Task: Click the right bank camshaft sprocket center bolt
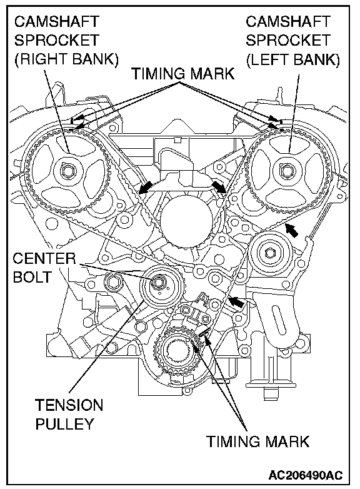point(67,171)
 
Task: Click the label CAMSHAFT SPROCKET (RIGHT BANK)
point(66,40)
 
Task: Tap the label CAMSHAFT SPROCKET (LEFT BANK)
point(292,40)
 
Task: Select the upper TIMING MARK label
point(182,74)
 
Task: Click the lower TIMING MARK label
point(257,441)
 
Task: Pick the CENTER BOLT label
point(44,268)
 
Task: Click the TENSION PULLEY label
point(69,415)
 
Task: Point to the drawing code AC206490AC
point(305,475)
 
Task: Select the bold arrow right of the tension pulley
point(236,301)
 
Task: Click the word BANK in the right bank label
point(91,59)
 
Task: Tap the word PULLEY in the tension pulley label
point(64,424)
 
